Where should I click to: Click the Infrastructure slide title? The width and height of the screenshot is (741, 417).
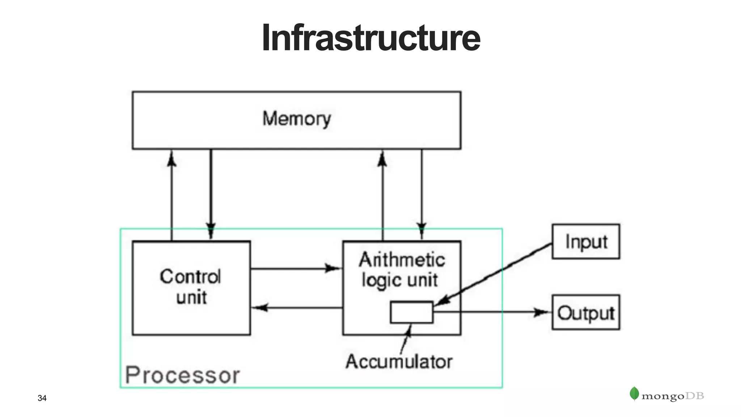pos(370,38)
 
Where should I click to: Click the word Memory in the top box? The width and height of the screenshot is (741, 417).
pos(296,119)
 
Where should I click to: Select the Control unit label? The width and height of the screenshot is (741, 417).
pos(191,287)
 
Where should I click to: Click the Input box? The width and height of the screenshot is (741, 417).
pos(585,241)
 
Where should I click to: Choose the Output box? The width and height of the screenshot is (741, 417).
pos(585,312)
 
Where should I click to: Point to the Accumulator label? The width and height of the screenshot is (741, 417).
pos(399,362)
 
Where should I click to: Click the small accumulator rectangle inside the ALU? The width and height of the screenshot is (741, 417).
pos(411,312)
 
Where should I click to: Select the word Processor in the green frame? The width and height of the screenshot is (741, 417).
pos(182,375)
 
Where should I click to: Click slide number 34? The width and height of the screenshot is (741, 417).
pos(42,398)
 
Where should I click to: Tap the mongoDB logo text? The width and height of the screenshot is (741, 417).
pos(672,396)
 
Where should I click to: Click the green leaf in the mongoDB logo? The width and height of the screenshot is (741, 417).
pos(634,393)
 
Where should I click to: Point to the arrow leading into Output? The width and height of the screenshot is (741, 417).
pos(492,312)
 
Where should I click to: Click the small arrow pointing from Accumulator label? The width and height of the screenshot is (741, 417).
pos(406,339)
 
